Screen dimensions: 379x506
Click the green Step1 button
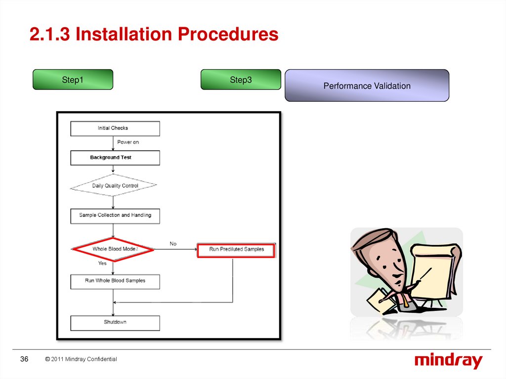click(73, 80)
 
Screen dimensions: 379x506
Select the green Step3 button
click(241, 80)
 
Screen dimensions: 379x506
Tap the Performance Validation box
click(367, 86)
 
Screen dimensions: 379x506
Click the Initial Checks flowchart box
click(115, 128)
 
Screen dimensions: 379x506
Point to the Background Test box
click(115, 158)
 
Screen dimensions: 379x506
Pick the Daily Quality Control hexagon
click(114, 186)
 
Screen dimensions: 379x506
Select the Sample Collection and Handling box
click(115, 215)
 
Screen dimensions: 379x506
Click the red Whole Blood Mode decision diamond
click(114, 249)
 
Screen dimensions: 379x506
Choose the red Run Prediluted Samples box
click(236, 250)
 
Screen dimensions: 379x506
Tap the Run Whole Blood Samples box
click(115, 281)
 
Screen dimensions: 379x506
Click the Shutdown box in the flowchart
click(115, 322)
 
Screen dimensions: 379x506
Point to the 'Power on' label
click(128, 142)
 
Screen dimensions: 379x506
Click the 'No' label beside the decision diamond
click(173, 244)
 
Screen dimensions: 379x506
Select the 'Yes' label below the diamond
click(102, 263)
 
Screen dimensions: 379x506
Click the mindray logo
click(448, 361)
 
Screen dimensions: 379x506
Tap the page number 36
click(24, 359)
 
